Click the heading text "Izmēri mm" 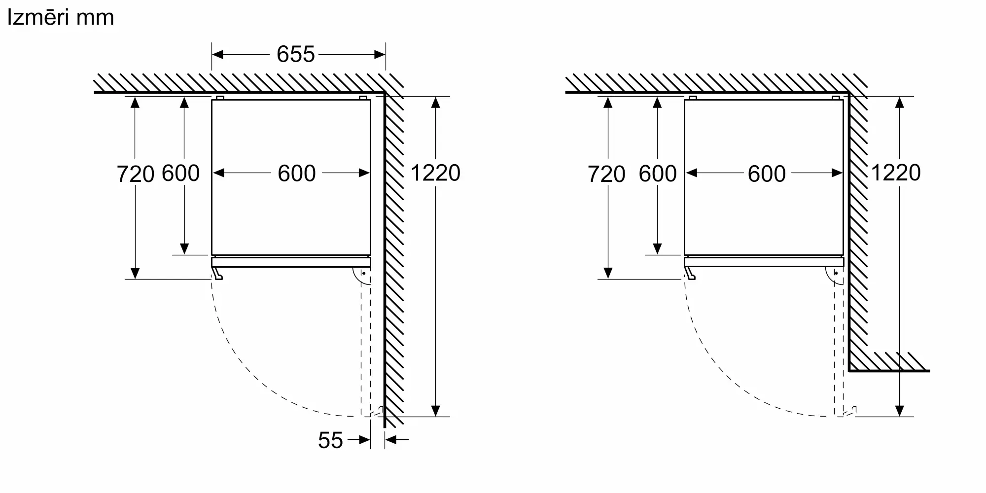tap(60, 18)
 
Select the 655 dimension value tap(295, 54)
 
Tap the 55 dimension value tap(330, 440)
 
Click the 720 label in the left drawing tap(135, 174)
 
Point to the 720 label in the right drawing tap(606, 175)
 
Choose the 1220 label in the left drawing tap(435, 173)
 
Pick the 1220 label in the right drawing tap(896, 173)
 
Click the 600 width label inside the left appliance tap(296, 174)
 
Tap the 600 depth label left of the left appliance tap(180, 173)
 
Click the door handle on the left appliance tap(217, 274)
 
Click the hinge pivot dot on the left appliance tap(364, 273)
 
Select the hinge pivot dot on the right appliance tap(837, 273)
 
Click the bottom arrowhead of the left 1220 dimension tap(435, 410)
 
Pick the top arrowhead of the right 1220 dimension tap(900, 103)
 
